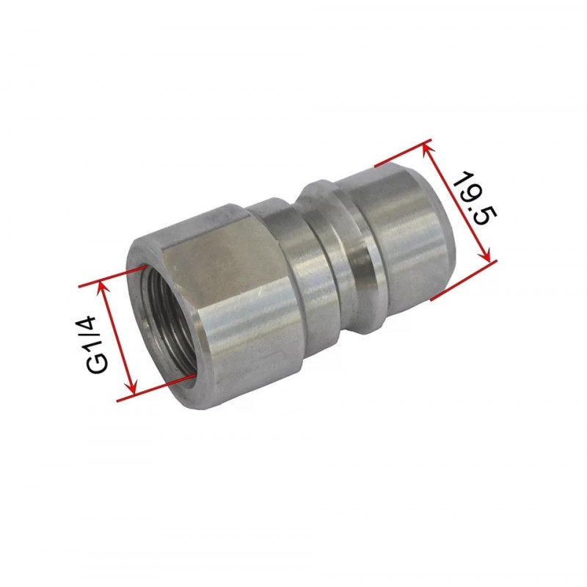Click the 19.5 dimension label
point(475,198)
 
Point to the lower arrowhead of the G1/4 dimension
point(132,387)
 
